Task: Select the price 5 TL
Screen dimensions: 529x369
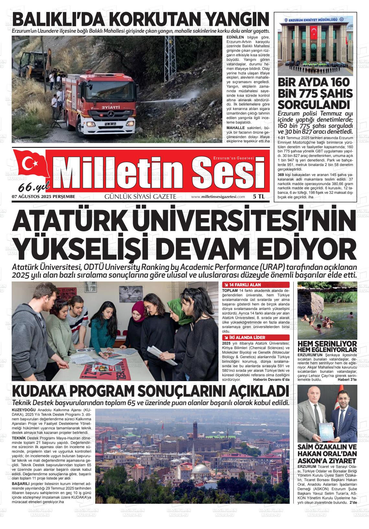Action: pos(259,196)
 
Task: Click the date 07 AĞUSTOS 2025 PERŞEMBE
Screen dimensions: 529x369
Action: pos(43,196)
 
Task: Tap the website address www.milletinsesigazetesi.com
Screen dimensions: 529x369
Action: pos(218,197)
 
